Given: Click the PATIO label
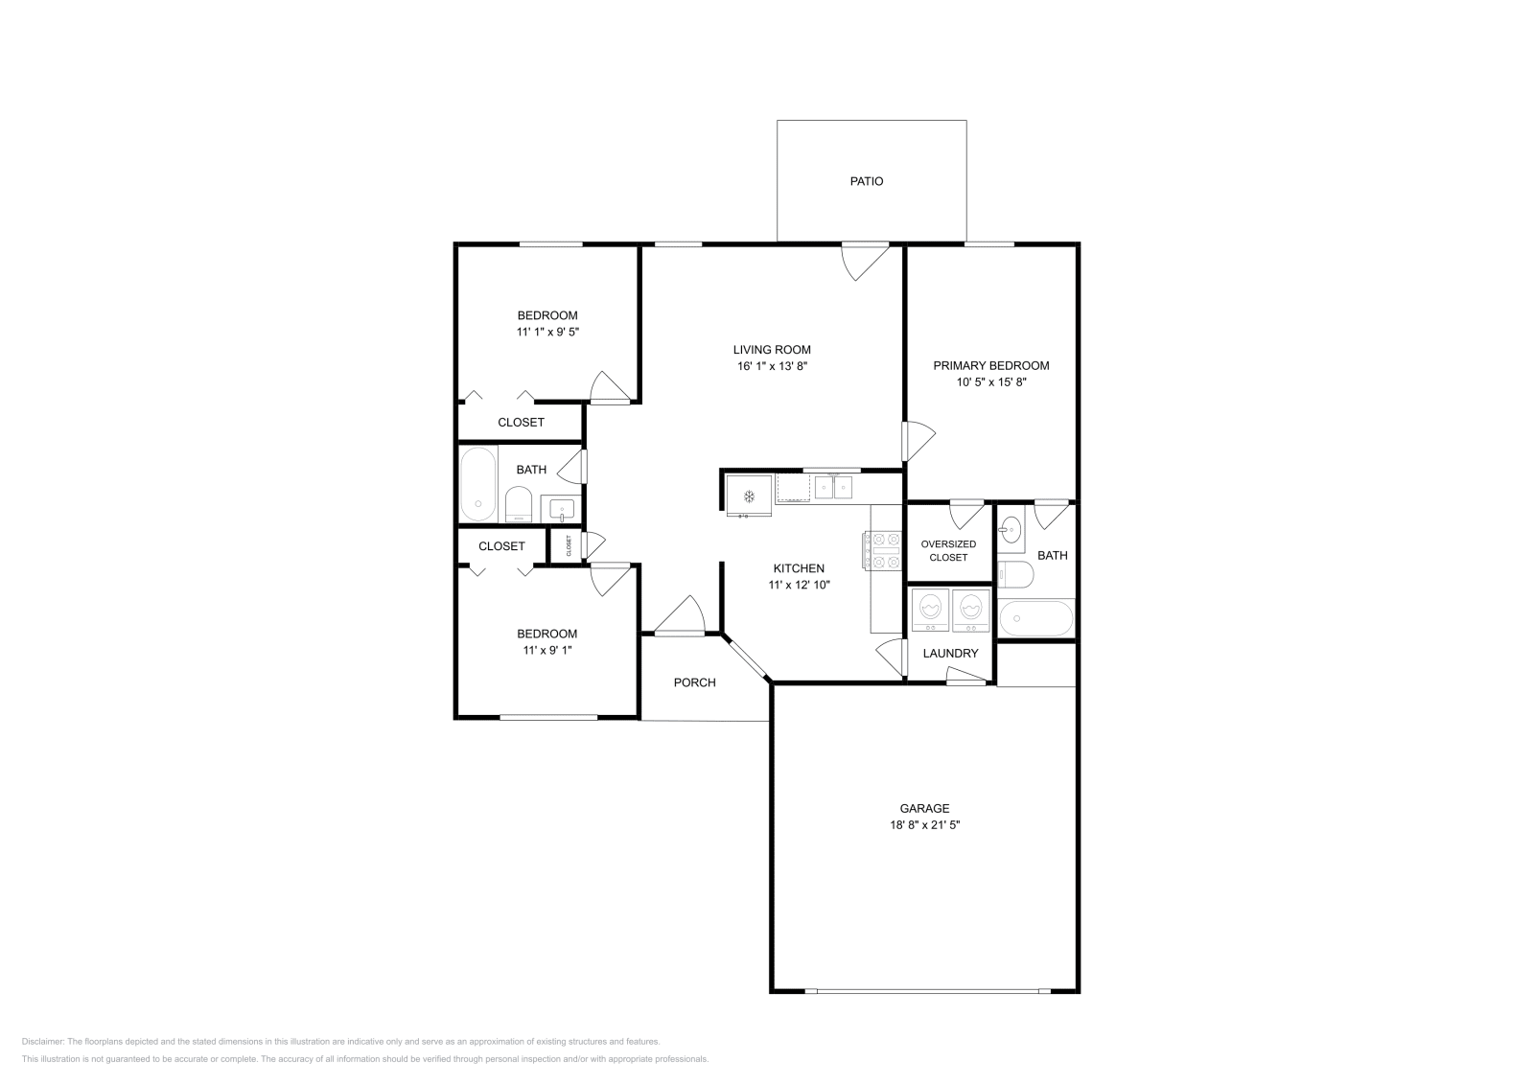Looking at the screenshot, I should coord(866,181).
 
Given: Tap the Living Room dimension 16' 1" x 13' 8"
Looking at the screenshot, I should coord(772,366).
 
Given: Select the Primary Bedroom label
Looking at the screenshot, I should coord(991,365).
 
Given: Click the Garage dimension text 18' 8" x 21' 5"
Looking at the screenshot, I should coord(924,824).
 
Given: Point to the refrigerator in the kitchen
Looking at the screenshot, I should coord(749,496).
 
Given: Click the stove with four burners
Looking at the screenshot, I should coord(885,551).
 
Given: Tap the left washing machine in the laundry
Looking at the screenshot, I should coord(930,611).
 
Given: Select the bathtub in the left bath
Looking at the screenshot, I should coord(477,484).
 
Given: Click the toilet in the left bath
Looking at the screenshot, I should coord(519,504).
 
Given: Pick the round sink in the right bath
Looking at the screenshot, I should coord(1011,529).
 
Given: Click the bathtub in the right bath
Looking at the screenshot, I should coord(1035,618).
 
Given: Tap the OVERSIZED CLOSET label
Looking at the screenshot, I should coord(948,550).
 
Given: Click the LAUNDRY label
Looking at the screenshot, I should coord(950,654).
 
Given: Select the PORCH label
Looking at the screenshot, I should coord(694,682).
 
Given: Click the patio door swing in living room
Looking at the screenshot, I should coord(866,261).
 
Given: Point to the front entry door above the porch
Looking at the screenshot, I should coord(680,618).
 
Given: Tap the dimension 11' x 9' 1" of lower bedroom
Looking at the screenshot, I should coord(546,650).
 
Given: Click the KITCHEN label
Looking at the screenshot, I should coord(799,568).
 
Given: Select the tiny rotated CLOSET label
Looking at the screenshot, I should coord(569,545).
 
